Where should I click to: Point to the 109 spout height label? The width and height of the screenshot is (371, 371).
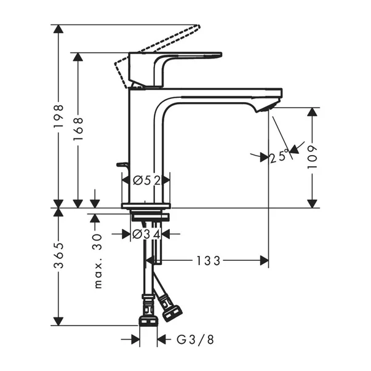(313, 158)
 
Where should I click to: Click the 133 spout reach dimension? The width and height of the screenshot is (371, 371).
(209, 261)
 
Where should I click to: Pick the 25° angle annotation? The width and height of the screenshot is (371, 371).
(279, 157)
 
